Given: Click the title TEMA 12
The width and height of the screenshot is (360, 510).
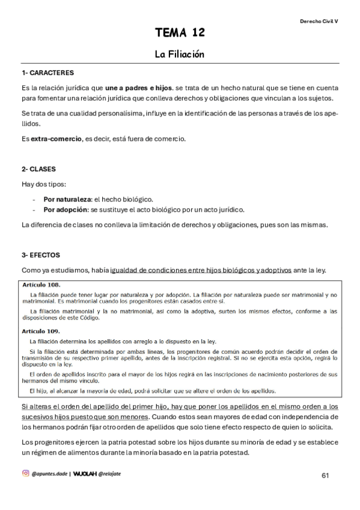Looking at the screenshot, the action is [x=180, y=32].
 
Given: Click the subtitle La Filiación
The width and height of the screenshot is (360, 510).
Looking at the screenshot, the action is [x=180, y=54].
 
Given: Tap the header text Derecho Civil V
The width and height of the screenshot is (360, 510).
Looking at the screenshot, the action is [x=319, y=20].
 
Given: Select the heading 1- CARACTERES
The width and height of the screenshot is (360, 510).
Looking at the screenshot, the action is [x=47, y=73].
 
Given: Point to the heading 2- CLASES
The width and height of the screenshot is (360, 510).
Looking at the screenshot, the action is [x=38, y=169].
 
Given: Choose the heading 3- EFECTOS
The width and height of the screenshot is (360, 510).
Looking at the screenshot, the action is [x=40, y=255].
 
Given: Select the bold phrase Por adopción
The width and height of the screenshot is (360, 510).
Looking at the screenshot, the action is [x=66, y=209].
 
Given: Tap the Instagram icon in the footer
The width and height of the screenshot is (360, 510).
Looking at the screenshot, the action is [x=25, y=473].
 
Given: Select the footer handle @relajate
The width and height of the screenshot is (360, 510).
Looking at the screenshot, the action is [x=114, y=474].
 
